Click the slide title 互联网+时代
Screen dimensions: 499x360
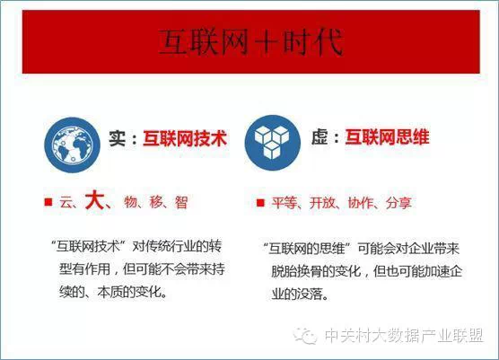(251, 41)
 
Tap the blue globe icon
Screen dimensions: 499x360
(72, 145)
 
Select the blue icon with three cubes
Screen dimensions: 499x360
(273, 143)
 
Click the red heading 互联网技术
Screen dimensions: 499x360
(185, 138)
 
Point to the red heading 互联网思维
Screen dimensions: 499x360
(388, 137)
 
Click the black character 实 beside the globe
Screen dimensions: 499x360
(117, 138)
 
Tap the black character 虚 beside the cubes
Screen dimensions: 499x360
(320, 137)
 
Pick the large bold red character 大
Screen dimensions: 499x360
(94, 200)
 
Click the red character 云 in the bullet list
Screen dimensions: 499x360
(66, 202)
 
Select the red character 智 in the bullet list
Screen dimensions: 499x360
(181, 202)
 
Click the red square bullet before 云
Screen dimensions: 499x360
(48, 202)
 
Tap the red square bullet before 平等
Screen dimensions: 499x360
(260, 203)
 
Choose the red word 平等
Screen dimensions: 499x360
(285, 203)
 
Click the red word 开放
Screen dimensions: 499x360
(322, 203)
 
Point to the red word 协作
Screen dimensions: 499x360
(360, 203)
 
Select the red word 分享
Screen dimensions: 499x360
(398, 203)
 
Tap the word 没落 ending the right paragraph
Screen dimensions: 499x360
(310, 294)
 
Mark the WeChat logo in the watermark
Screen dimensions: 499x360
(305, 335)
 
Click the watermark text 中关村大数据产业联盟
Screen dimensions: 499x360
(404, 336)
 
